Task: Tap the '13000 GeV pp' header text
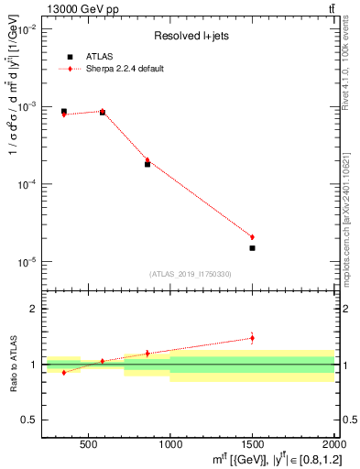tap(79, 9)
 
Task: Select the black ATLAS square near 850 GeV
tap(147, 164)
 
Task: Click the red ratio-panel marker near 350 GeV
tap(63, 372)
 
